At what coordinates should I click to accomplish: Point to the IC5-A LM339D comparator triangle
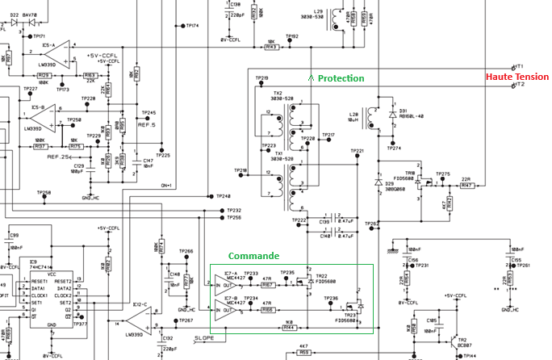tap(56, 56)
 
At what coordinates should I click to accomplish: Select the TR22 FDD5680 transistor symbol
tap(303, 283)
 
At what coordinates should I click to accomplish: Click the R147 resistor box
tap(466, 186)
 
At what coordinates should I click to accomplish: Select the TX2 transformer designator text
tap(278, 93)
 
